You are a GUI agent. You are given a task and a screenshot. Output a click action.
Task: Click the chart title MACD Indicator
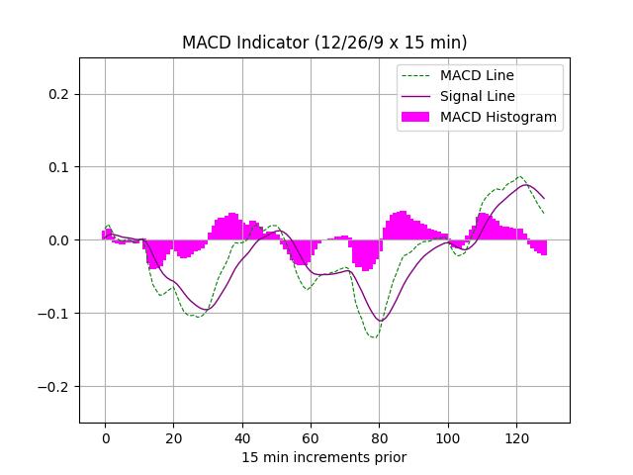coord(324,43)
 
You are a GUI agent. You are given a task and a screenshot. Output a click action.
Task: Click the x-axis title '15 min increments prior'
coord(324,457)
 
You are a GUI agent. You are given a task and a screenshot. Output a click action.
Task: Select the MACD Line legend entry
coord(477,75)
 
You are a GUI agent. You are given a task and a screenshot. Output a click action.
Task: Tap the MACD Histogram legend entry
coord(497,117)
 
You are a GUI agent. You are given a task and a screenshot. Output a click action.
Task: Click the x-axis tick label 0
coord(105,437)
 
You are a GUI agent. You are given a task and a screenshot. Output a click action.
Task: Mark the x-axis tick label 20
coord(173,437)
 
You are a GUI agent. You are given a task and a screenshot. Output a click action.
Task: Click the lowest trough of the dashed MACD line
coord(374,337)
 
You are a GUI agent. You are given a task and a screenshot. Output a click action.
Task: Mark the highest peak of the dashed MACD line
coord(519,177)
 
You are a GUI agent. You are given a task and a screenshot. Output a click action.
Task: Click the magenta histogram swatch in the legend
coord(415,117)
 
